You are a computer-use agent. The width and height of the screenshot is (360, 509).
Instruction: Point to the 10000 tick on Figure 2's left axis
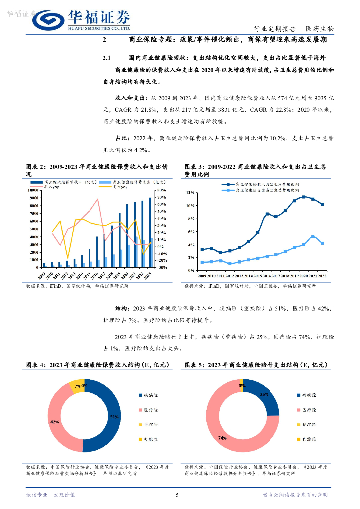[33, 190]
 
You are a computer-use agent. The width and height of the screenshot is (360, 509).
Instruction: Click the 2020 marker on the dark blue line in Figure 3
[304, 197]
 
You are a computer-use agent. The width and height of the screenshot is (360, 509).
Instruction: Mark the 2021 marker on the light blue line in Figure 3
[313, 236]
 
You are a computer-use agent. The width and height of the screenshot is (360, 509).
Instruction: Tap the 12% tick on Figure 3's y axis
[189, 192]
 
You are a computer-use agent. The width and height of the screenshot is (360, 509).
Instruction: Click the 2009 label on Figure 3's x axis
[202, 275]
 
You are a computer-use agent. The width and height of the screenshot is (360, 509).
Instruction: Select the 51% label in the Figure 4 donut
[114, 416]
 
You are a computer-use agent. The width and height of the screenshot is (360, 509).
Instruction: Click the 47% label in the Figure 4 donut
[54, 421]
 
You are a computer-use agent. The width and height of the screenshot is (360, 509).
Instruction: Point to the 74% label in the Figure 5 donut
[222, 438]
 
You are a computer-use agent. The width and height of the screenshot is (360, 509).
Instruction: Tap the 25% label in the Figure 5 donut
[264, 394]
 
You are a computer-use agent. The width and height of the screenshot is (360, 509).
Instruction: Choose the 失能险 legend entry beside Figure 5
[309, 439]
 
